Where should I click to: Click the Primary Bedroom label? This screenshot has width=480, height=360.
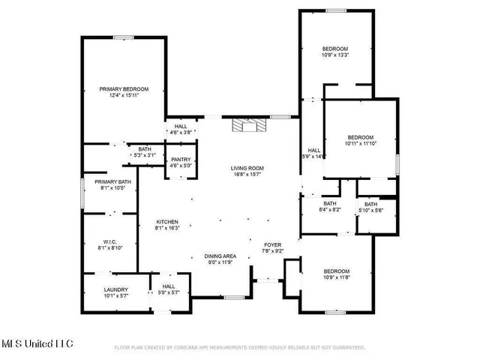[x=124, y=91]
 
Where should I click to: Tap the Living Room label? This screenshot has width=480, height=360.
[x=247, y=171]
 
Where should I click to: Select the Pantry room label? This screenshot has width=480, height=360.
[x=181, y=163]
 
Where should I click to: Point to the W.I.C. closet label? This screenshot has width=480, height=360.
[x=110, y=244]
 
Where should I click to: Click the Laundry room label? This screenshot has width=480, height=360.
[x=106, y=292]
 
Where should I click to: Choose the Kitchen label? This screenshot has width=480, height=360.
[x=166, y=225]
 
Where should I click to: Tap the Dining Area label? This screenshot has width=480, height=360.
[x=220, y=259]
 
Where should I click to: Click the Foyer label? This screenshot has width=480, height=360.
[x=271, y=247]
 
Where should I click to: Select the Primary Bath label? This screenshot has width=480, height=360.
[x=113, y=184]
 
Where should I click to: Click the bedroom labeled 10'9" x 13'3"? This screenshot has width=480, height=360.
[x=335, y=52]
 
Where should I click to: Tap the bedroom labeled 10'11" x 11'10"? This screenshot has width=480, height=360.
[x=360, y=140]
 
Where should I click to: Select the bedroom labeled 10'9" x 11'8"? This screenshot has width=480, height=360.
[x=336, y=274]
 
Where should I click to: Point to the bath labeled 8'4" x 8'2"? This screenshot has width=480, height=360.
[x=331, y=207]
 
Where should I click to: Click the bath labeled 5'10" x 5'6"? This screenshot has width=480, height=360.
[x=371, y=208]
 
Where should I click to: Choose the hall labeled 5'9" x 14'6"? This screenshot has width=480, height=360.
[x=313, y=154]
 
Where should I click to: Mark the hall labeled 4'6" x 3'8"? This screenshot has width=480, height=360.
[x=181, y=129]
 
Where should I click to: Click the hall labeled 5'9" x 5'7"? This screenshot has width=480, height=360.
[x=169, y=289]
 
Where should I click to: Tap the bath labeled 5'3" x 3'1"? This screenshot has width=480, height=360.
[x=143, y=152]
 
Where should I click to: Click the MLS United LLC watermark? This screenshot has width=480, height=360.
[x=37, y=343]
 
